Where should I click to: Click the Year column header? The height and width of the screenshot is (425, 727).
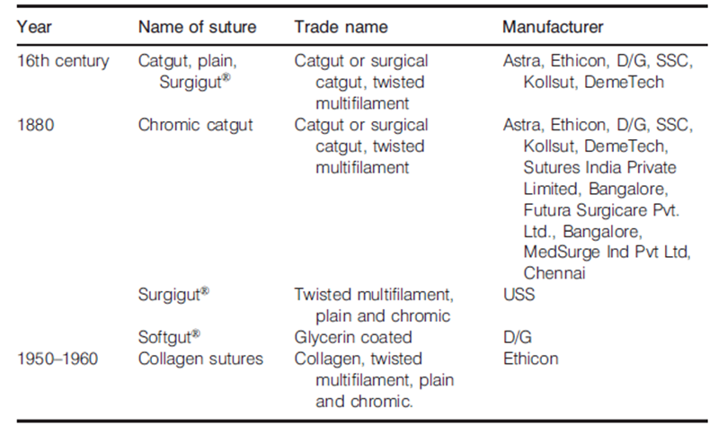point(34,27)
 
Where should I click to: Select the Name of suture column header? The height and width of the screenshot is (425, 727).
point(197,27)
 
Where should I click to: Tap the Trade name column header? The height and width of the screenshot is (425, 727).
point(341,27)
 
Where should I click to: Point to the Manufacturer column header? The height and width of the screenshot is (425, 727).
point(554,27)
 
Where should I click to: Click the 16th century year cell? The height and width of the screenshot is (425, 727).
point(63,61)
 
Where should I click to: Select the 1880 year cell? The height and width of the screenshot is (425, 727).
point(36,125)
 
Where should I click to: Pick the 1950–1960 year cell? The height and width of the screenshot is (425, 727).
point(58,359)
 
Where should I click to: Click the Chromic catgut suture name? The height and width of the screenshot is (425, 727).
point(195,125)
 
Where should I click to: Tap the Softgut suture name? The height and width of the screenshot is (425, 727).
point(169,337)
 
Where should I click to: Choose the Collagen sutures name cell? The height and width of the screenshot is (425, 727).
point(200,359)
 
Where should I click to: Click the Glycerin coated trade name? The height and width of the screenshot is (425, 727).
point(353,338)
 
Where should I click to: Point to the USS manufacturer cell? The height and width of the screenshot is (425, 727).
point(519,295)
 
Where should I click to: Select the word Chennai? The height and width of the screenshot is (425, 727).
point(554,273)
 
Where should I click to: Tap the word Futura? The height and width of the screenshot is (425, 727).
point(547,210)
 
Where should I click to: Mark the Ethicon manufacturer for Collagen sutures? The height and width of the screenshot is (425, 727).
point(531,359)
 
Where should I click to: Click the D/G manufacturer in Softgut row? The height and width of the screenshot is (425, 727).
point(518,338)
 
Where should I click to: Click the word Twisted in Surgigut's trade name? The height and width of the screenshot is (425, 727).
point(324,295)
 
